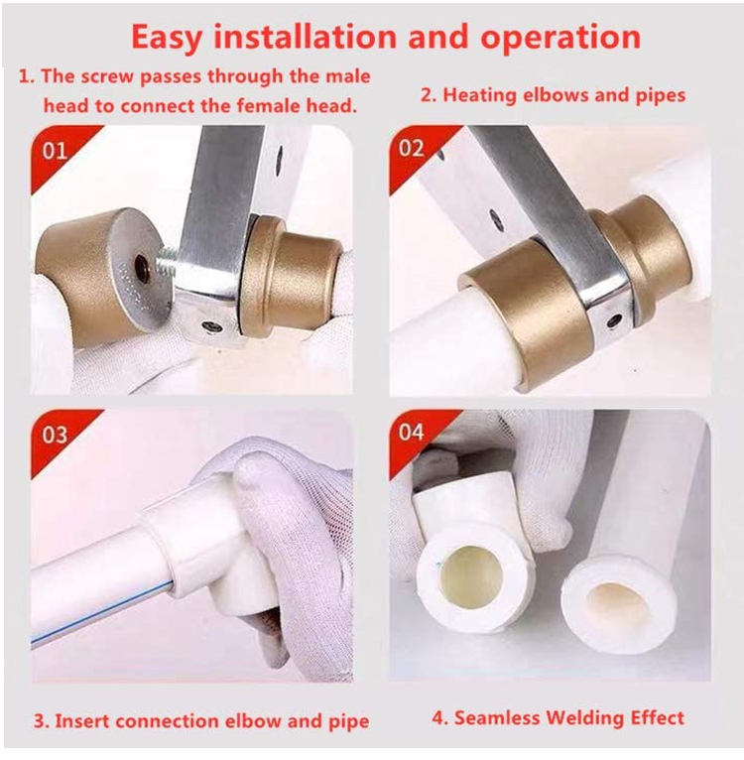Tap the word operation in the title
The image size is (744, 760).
560,38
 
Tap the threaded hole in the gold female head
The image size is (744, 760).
141,264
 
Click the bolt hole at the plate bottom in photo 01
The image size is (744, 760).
212,327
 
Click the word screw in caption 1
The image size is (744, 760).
106,76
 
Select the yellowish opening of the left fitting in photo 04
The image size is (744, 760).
471,575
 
